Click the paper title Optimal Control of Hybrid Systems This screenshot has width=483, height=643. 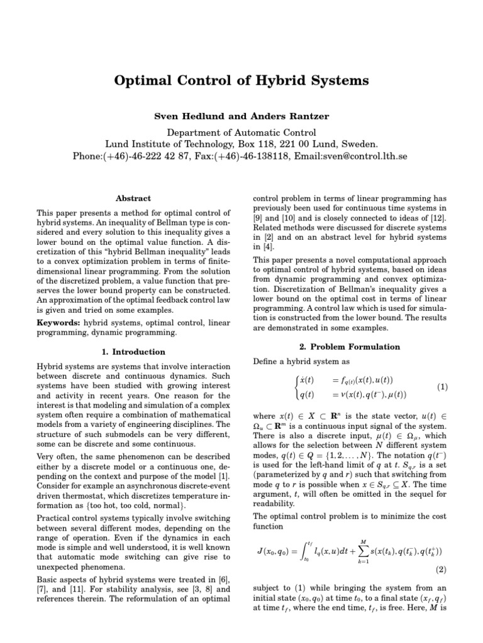click(x=241, y=81)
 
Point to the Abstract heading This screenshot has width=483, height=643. click(x=134, y=198)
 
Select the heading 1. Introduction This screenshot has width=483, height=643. click(x=134, y=352)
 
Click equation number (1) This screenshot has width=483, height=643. click(x=441, y=387)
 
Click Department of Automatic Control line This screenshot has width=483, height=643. click(x=241, y=132)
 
